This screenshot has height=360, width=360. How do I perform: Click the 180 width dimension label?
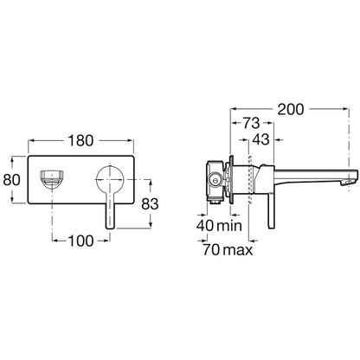(80, 141)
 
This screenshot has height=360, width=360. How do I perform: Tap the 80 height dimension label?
(12, 180)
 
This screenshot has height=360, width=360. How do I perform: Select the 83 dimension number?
(150, 204)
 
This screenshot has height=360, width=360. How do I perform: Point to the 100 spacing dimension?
(80, 241)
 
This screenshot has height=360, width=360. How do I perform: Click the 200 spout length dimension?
(291, 109)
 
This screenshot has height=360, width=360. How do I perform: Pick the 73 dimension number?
(252, 124)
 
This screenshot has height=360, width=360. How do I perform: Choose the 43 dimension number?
(260, 139)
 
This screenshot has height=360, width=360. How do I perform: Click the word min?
(229, 226)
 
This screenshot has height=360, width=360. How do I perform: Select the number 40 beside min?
(205, 226)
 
